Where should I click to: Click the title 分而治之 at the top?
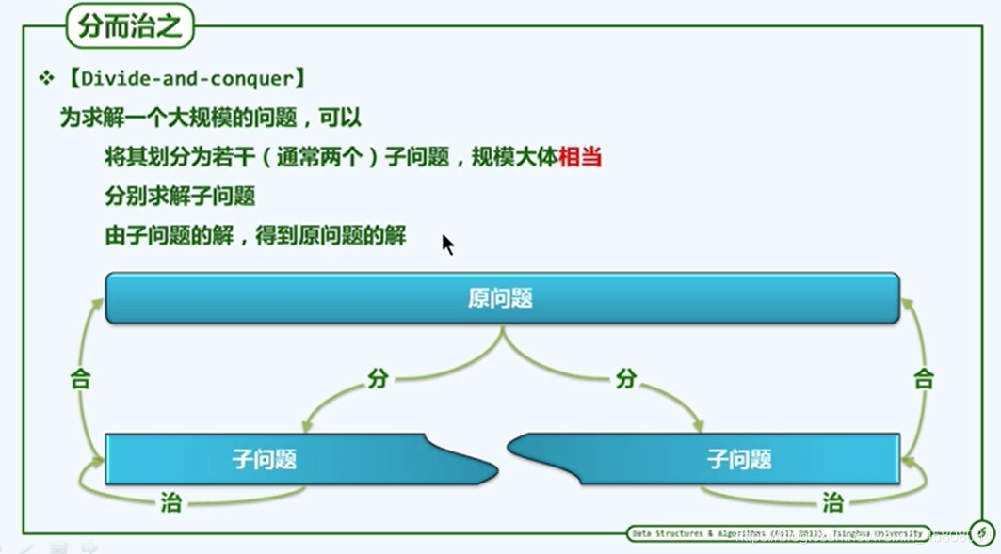(129, 27)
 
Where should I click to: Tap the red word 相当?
(580, 157)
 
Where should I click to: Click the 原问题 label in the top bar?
(501, 298)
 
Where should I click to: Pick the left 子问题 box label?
(265, 459)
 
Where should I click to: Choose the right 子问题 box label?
(739, 459)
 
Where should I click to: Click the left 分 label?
(378, 379)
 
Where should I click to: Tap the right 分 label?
(626, 379)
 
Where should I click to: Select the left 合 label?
(81, 379)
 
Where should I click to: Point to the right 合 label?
(924, 379)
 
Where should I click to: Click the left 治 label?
(170, 502)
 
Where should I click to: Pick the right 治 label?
(832, 502)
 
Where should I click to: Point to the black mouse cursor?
(447, 245)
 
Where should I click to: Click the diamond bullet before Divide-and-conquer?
(46, 78)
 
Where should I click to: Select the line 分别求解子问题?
(180, 197)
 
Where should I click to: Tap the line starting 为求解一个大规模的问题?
(211, 119)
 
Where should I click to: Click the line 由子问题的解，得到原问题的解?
(255, 236)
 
